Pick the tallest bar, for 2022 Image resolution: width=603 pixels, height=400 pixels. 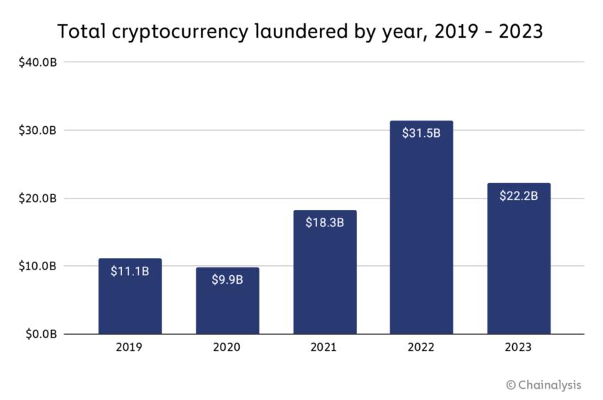pos(421,234)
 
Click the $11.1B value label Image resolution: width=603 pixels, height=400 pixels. pos(130,271)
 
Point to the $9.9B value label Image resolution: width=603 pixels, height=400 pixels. pos(227,279)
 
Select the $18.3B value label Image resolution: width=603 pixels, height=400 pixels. pos(325,223)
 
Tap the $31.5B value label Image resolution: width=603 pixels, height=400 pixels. pos(421,133)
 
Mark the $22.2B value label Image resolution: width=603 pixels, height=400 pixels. pos(519,196)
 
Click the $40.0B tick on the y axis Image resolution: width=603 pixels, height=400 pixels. pos(38,62)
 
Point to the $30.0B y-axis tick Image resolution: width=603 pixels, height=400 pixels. pos(38,130)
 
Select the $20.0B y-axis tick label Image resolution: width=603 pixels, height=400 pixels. pos(38,199)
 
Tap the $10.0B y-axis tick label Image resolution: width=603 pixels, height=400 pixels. pos(38,266)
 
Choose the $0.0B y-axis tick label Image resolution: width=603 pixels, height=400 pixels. pos(40,334)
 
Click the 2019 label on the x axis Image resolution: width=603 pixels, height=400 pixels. pos(130,348)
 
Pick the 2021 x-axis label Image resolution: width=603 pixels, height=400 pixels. pos(325,348)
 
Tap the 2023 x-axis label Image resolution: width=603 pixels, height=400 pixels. pos(519,348)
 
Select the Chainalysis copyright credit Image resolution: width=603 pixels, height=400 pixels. pos(543,385)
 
